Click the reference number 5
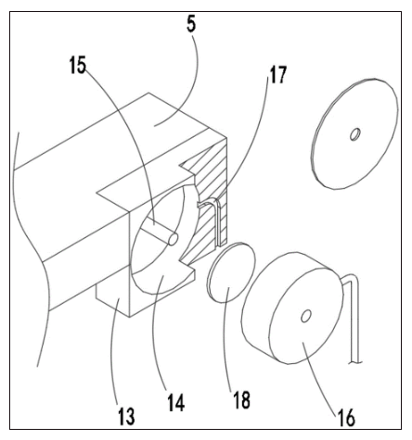[191, 25]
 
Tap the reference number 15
[78, 66]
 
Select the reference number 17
[278, 75]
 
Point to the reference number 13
[126, 416]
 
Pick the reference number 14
[176, 402]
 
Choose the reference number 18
[242, 399]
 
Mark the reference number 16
[346, 418]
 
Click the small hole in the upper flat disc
[354, 134]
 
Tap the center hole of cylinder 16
[305, 316]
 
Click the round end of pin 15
[173, 240]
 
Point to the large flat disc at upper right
[354, 133]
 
